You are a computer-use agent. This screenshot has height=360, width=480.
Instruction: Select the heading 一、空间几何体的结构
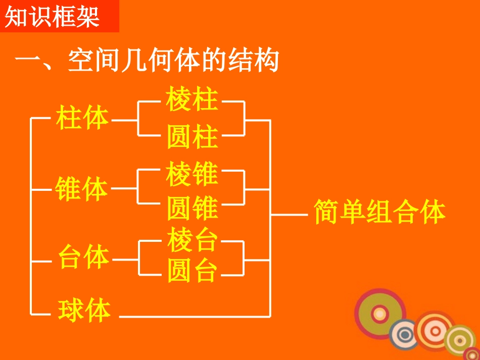147,62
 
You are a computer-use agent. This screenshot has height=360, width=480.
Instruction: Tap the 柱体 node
83,119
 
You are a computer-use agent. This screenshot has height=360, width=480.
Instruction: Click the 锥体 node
82,189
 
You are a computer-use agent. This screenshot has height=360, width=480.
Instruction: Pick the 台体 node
84,257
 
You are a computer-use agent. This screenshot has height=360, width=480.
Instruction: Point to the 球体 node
84,311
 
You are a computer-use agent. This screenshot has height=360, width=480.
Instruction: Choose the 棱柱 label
192,99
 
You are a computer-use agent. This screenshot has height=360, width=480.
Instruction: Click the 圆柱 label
192,137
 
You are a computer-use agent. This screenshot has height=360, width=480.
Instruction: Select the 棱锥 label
192,173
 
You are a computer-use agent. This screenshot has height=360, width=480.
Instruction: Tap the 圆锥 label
192,208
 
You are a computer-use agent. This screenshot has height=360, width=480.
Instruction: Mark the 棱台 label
192,240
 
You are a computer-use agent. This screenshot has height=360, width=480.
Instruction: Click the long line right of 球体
195,317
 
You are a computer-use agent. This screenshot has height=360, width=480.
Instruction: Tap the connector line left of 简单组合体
290,214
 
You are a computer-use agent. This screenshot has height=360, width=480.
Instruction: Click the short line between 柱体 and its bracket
124,120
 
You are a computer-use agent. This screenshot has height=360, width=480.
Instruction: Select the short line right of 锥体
124,189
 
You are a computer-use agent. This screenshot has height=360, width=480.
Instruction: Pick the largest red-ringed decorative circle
380,314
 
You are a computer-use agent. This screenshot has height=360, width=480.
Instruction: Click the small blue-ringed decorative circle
404,334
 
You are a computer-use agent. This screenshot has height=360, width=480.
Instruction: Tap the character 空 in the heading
82,62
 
